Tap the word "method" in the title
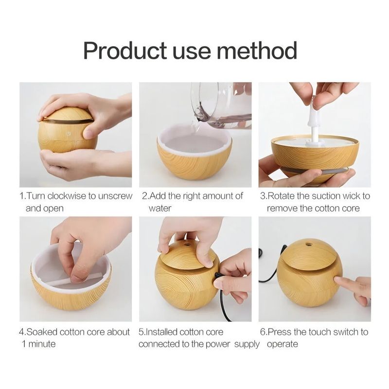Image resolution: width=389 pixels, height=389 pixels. (x=257, y=51)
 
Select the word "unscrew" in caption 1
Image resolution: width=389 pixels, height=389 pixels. (x=115, y=196)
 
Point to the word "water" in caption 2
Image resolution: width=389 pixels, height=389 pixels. (x=160, y=209)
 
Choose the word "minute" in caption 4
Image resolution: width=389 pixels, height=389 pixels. (x=42, y=344)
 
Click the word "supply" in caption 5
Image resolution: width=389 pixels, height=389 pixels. (x=247, y=345)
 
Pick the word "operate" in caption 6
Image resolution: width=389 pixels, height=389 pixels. (x=283, y=345)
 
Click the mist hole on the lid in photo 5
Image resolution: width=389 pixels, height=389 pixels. (x=187, y=245)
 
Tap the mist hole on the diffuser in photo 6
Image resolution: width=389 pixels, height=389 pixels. (x=309, y=245)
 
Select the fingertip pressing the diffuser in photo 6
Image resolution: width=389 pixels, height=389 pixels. (x=339, y=281)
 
